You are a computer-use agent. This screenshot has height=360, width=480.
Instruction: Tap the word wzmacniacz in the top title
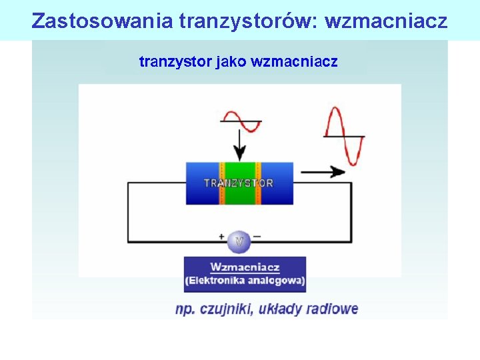click(386, 21)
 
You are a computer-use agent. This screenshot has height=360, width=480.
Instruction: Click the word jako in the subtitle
click(231, 62)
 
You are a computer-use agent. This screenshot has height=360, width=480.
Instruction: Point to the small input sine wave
click(241, 122)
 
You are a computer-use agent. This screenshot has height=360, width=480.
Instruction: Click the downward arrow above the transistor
click(238, 143)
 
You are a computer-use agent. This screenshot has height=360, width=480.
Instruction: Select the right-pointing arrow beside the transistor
click(323, 171)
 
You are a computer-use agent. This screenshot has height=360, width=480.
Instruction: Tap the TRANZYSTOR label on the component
click(239, 183)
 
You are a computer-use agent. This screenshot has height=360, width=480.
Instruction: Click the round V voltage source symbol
click(239, 241)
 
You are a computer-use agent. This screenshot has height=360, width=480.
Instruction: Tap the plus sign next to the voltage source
click(221, 236)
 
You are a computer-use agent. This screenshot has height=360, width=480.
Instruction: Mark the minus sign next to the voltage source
click(257, 236)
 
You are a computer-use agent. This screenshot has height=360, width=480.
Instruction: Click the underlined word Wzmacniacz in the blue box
click(245, 267)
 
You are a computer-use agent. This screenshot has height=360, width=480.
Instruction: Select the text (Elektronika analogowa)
click(245, 280)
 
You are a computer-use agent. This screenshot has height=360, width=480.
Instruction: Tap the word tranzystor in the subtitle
click(174, 62)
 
